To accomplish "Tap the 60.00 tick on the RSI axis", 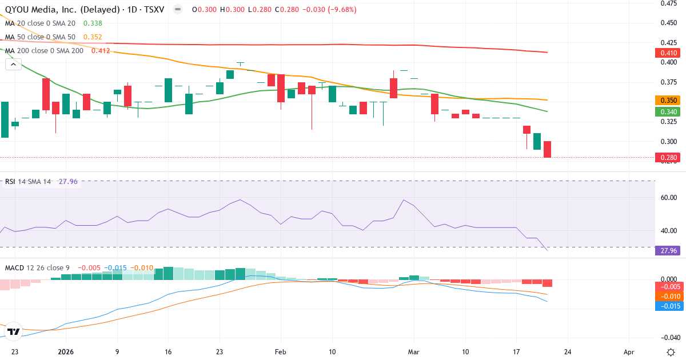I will pos(668,198).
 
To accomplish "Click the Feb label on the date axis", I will pos(280,352).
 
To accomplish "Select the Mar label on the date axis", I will pos(414,352).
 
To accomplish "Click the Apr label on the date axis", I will pos(629,352).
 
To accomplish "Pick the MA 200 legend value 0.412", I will pos(101,51).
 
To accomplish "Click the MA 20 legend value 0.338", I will pos(93,23).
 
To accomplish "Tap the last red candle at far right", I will pos(547,149).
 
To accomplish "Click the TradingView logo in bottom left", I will pos(14,331).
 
